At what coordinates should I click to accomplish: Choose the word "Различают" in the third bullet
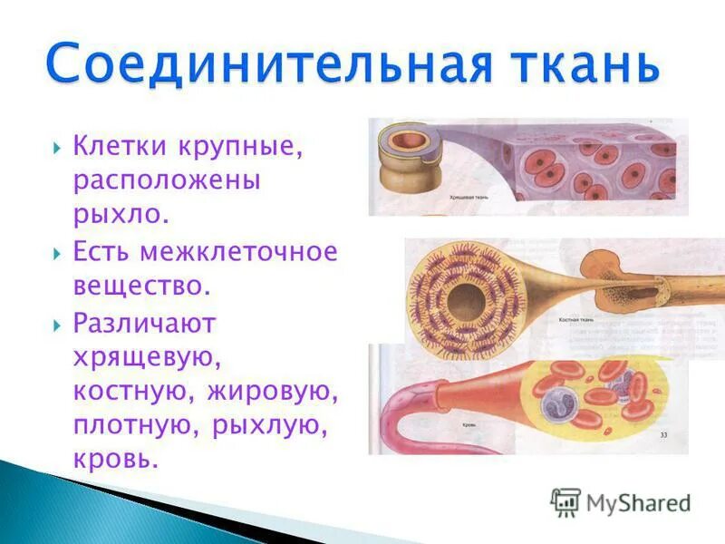(144, 322)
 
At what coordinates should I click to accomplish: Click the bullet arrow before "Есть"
(57, 252)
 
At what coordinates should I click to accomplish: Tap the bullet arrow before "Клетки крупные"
(57, 146)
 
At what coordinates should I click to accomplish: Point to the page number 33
(663, 436)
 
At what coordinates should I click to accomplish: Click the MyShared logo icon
(565, 501)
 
